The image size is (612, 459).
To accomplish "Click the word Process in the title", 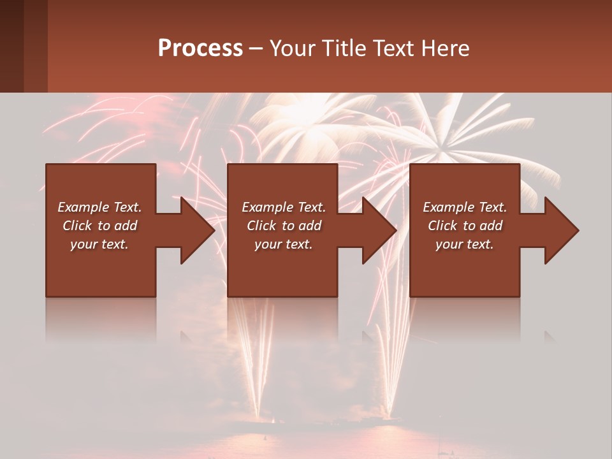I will click(200, 48).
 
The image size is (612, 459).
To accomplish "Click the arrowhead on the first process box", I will click(196, 230).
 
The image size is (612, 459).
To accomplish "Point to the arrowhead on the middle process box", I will click(379, 230).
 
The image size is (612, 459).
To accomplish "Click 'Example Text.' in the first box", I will click(99, 207).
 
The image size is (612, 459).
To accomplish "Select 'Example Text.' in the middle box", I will click(283, 207).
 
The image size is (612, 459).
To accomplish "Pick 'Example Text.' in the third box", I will click(465, 207).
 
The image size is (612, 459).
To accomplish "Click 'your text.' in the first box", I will click(99, 244).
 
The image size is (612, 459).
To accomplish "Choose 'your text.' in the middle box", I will click(283, 244).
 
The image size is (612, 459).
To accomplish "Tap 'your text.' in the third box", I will click(465, 244).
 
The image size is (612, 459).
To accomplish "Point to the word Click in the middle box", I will click(261, 226).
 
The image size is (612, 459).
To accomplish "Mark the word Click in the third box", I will click(442, 226).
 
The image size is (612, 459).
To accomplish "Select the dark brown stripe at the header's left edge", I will click(11, 46).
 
